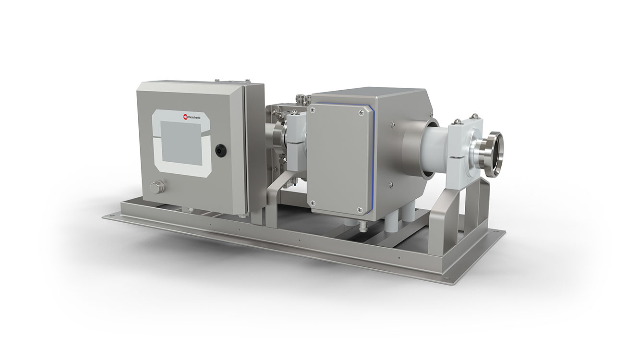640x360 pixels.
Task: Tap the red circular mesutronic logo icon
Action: click(185, 117)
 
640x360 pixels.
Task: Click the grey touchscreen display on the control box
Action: click(181, 143)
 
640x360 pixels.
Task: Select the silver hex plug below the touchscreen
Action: click(157, 187)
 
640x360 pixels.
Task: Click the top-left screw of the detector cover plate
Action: click(313, 108)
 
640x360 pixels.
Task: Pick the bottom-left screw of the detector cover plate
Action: click(313, 203)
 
